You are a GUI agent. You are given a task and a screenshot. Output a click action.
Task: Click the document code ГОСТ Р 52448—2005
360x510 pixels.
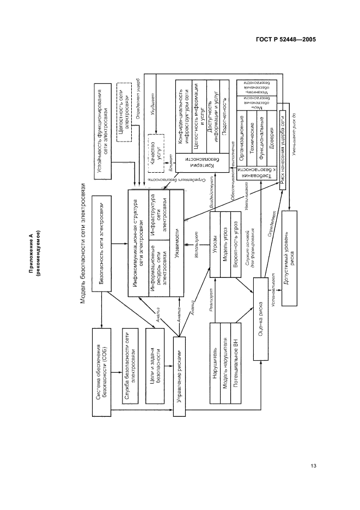285,39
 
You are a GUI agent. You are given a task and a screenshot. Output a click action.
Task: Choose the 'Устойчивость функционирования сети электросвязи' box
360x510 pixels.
103,131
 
